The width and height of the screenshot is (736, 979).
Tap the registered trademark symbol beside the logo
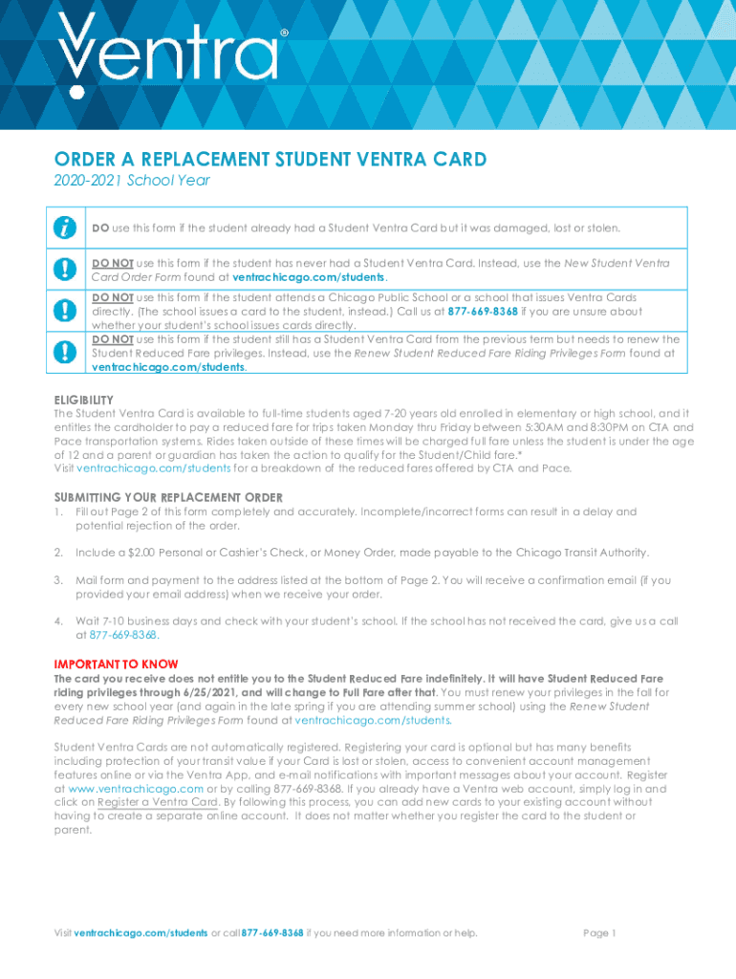pyautogui.click(x=283, y=33)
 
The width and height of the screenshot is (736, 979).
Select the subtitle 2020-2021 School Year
pyautogui.click(x=131, y=180)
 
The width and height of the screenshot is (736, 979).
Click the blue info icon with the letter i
pyautogui.click(x=65, y=228)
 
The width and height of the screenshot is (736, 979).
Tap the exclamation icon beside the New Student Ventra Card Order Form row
pyautogui.click(x=65, y=270)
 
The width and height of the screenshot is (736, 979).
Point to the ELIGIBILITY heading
pyautogui.click(x=83, y=400)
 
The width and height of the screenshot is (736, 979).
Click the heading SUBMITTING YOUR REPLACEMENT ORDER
pyautogui.click(x=167, y=497)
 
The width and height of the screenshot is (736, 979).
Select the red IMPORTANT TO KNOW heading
pyautogui.click(x=115, y=664)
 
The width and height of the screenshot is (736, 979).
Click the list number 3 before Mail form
pyautogui.click(x=57, y=580)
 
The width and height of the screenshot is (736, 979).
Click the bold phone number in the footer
pyautogui.click(x=272, y=933)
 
